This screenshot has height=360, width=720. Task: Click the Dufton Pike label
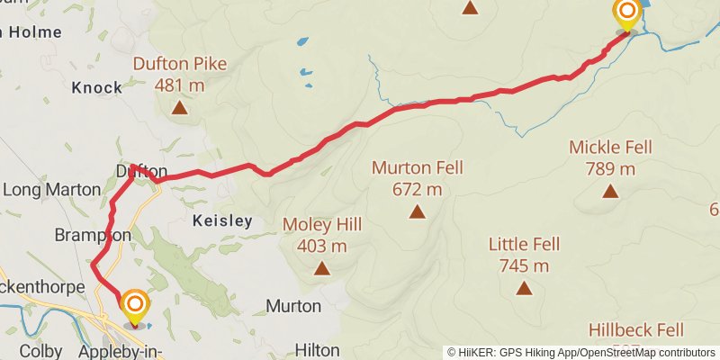click(x=180, y=64)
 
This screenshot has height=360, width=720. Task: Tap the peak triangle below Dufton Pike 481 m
click(x=180, y=108)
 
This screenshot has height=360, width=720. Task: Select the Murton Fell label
click(x=417, y=167)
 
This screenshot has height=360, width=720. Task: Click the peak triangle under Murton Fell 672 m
click(x=417, y=211)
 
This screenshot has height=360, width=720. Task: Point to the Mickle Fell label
click(x=611, y=147)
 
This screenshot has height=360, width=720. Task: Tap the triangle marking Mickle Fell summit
click(x=611, y=191)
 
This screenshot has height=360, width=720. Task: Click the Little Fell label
click(x=525, y=244)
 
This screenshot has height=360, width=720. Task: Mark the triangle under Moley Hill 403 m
click(x=321, y=267)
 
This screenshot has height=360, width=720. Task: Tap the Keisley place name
click(x=221, y=220)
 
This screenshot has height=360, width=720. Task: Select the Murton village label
click(x=293, y=306)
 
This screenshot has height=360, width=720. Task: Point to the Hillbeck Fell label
click(x=636, y=330)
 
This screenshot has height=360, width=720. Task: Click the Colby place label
click(x=40, y=350)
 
